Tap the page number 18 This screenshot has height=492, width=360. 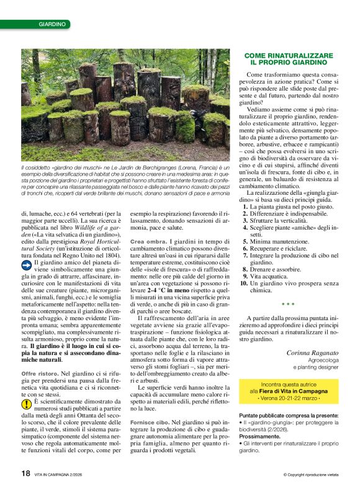pos(25,473)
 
